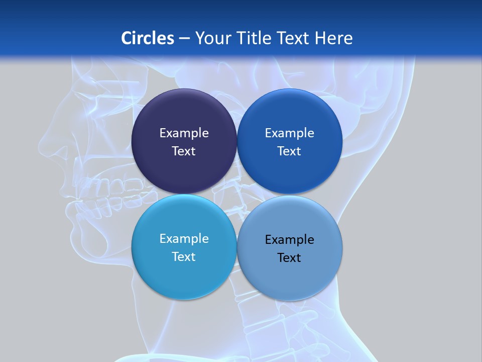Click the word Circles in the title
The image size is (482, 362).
pyautogui.click(x=148, y=38)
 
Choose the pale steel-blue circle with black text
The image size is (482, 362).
pyautogui.click(x=289, y=277)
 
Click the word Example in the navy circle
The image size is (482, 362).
pyautogui.click(x=184, y=133)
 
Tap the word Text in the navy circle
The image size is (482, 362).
pyautogui.click(x=184, y=151)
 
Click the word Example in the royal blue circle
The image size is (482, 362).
pyautogui.click(x=289, y=133)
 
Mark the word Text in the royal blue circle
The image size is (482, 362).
pyautogui.click(x=289, y=151)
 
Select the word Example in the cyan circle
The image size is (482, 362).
pyautogui.click(x=184, y=239)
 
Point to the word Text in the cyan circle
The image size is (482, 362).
pyautogui.click(x=184, y=257)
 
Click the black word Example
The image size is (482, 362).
pyautogui.click(x=289, y=240)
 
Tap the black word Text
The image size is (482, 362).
pyautogui.click(x=289, y=258)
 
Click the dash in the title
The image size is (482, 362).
pyautogui.click(x=184, y=39)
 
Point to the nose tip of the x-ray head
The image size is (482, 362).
pyautogui.click(x=41, y=146)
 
